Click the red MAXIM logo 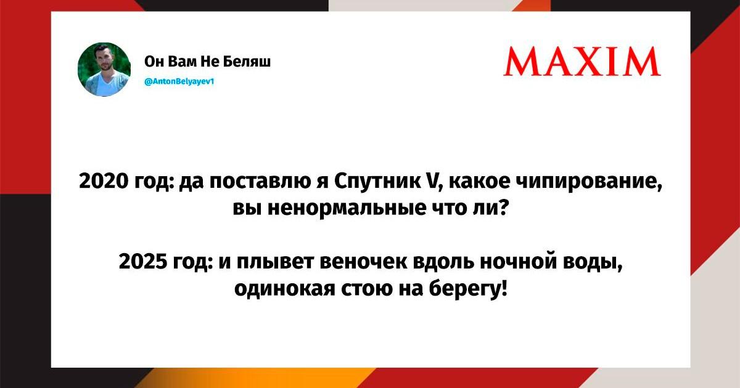[x=582, y=62]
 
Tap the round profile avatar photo [x=104, y=69]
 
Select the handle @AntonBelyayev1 [x=179, y=81]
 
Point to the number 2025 [x=143, y=262]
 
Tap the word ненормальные [x=347, y=209]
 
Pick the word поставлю [x=260, y=182]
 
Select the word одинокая [x=284, y=289]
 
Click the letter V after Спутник [x=431, y=182]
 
